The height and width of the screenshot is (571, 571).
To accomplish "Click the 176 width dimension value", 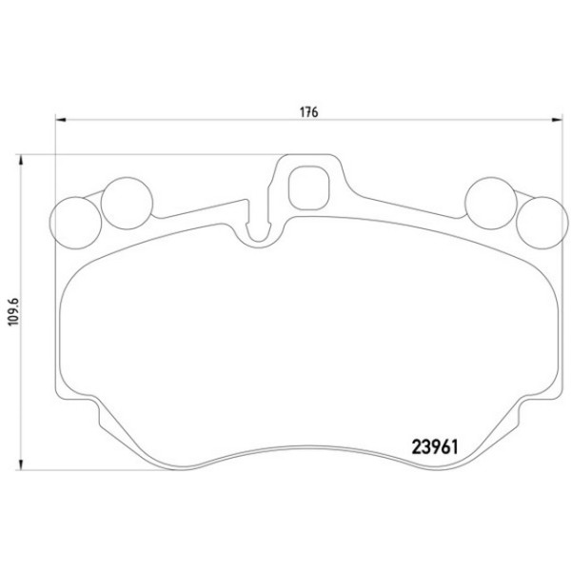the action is tap(308, 112).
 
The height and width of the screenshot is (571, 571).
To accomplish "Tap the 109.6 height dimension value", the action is tap(14, 312).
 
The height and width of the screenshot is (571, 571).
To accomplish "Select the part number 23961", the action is tap(435, 447).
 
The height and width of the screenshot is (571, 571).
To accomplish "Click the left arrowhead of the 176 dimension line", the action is tap(61, 120).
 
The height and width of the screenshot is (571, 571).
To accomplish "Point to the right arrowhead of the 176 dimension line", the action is tap(558, 120).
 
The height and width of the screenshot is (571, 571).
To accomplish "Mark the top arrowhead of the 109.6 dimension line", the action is tap(21, 160).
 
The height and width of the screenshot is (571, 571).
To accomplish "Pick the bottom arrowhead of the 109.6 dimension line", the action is tap(21, 464).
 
